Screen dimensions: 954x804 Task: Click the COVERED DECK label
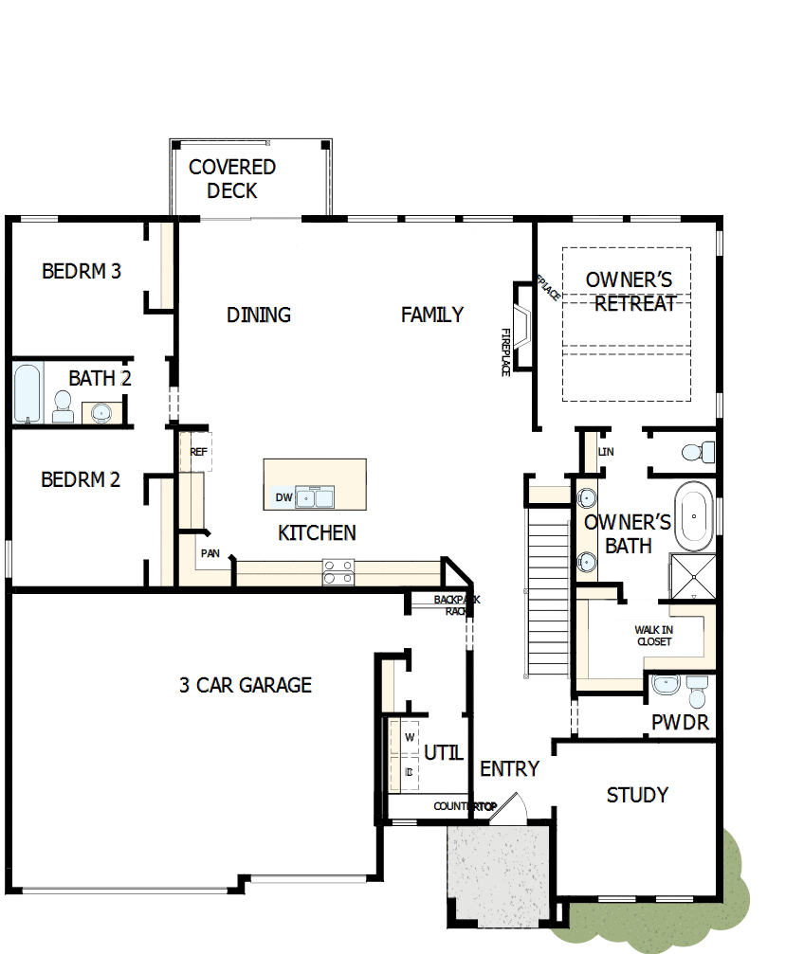click(232, 179)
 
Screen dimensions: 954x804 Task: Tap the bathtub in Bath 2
click(28, 392)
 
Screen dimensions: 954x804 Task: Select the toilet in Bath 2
click(64, 408)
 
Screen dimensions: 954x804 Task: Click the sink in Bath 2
click(100, 412)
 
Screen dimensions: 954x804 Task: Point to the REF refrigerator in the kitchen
click(198, 452)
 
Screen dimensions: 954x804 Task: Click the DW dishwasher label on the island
click(283, 497)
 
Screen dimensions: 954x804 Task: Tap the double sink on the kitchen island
click(314, 496)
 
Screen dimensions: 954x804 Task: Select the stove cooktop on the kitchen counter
click(338, 571)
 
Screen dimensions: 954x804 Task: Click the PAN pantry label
click(210, 552)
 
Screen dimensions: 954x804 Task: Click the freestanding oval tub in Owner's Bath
click(693, 516)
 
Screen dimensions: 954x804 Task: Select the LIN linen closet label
click(605, 452)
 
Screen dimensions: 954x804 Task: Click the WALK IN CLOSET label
click(653, 636)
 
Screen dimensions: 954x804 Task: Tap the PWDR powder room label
click(680, 724)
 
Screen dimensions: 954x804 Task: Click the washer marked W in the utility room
click(410, 737)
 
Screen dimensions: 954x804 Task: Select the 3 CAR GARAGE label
click(246, 685)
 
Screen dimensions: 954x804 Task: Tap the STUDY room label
click(637, 795)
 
